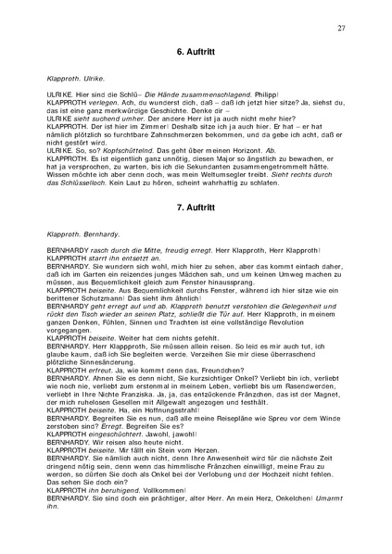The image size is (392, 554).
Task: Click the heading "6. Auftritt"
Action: point(196,61)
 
